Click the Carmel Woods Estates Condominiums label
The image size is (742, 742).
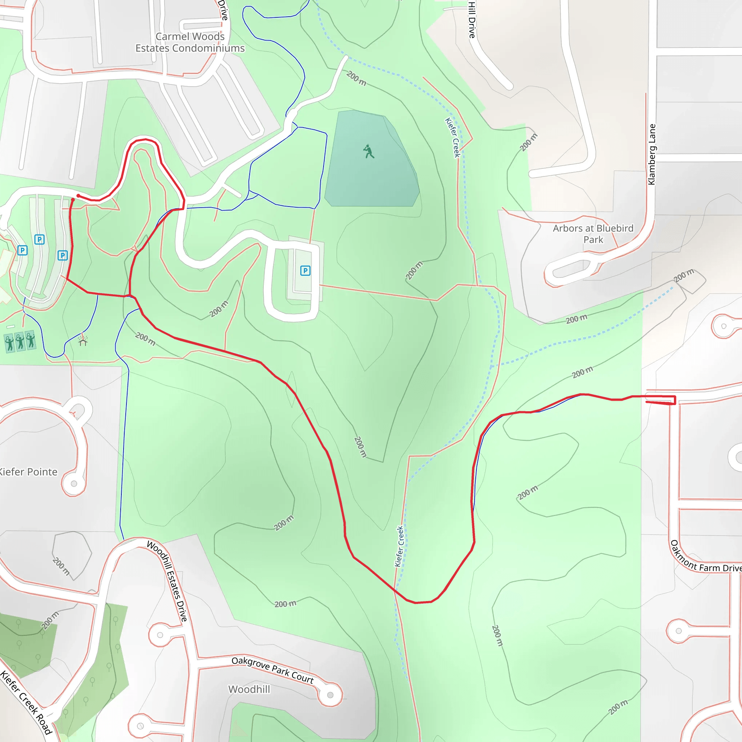click(190, 42)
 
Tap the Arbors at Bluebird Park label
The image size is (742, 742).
click(593, 234)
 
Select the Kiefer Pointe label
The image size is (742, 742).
click(28, 472)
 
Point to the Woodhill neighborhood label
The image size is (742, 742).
click(249, 689)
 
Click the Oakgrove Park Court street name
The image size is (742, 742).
click(273, 670)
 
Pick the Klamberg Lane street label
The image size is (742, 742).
click(652, 154)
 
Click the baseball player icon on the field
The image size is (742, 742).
click(369, 151)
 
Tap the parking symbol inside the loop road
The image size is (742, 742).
click(305, 271)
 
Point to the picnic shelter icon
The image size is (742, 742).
click(83, 340)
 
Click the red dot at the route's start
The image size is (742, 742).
click(78, 196)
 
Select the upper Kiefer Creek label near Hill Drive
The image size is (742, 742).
click(453, 137)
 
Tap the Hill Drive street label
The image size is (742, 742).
click(472, 19)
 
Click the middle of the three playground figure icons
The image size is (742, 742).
click(20, 341)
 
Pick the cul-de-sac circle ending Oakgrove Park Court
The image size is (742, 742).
click(330, 695)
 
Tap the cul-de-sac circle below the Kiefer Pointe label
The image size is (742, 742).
click(74, 484)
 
